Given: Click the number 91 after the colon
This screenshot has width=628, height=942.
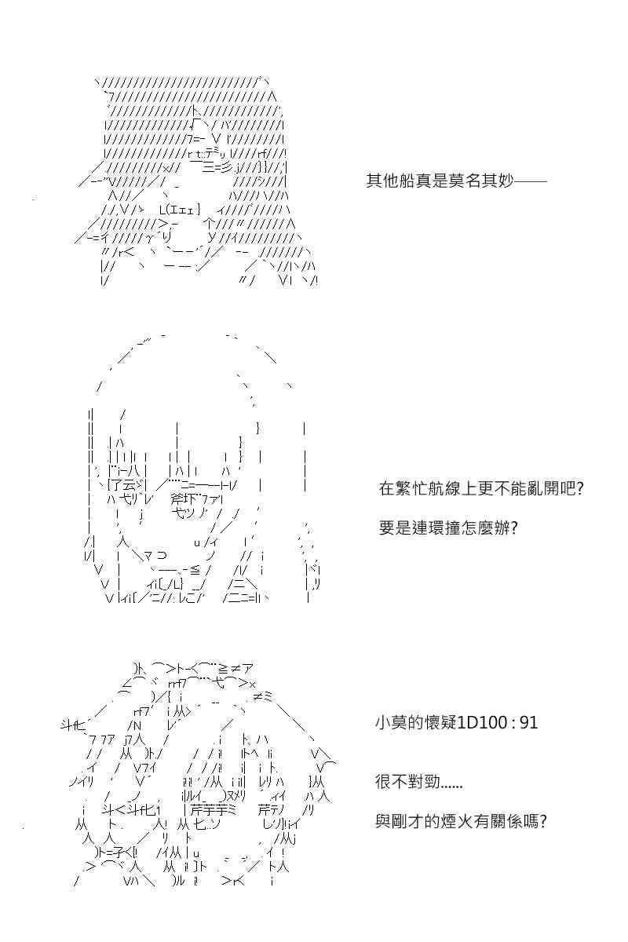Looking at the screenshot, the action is (529, 722).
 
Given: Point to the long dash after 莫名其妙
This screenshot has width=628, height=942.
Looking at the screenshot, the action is (531, 181).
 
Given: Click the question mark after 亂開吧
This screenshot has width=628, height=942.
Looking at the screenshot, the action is (579, 488).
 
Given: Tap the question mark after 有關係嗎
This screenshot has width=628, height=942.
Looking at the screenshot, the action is (542, 820).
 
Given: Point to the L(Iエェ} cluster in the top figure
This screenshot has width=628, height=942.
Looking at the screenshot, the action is (180, 210).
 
